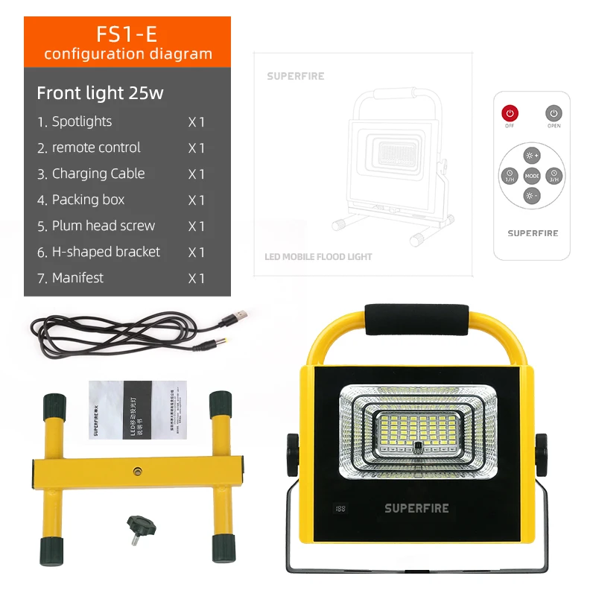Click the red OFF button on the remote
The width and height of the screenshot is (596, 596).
(510, 113)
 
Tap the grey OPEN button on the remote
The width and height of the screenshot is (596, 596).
(554, 113)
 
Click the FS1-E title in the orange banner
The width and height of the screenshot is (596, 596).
(127, 34)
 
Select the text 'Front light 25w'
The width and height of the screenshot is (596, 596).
(100, 93)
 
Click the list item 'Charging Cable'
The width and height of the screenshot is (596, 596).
(98, 174)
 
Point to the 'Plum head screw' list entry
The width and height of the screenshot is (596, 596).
(103, 226)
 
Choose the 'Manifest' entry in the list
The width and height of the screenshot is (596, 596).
(77, 278)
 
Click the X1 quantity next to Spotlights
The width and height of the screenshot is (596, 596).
(196, 122)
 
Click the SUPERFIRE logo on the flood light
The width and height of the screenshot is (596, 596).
(416, 508)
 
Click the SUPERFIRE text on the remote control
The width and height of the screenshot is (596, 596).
(533, 233)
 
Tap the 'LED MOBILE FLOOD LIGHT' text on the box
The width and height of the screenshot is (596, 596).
(318, 256)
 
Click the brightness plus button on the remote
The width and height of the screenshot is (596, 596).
(531, 156)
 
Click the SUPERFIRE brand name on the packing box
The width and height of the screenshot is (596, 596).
(296, 76)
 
